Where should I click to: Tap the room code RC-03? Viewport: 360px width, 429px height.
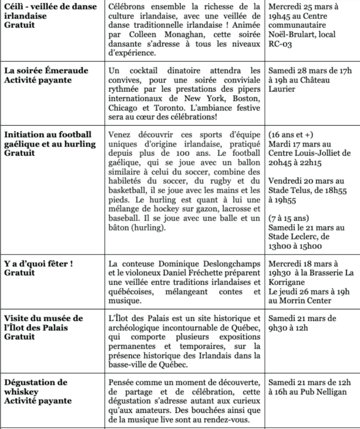[x=280, y=44]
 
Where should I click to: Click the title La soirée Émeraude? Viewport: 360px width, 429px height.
[x=46, y=70]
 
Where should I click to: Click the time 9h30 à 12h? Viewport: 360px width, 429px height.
[x=288, y=328]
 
